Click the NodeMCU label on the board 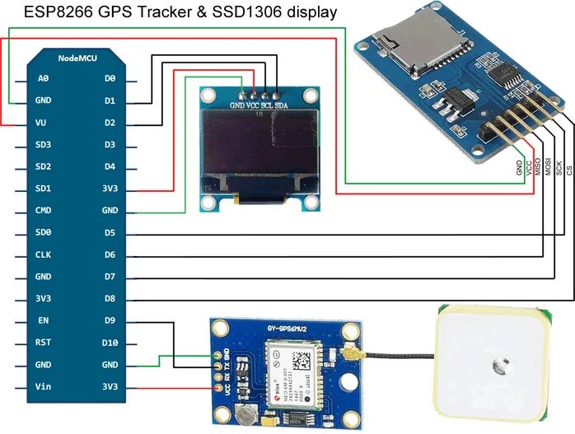(76, 59)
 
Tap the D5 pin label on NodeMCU (110, 233)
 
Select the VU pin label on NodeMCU (41, 123)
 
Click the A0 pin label (44, 79)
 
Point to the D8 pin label (110, 299)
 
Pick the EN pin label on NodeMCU (44, 321)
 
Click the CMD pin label (44, 211)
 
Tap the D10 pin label (110, 343)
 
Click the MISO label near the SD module (539, 167)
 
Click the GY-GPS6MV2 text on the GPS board (287, 329)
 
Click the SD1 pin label (44, 189)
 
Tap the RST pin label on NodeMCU (44, 343)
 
